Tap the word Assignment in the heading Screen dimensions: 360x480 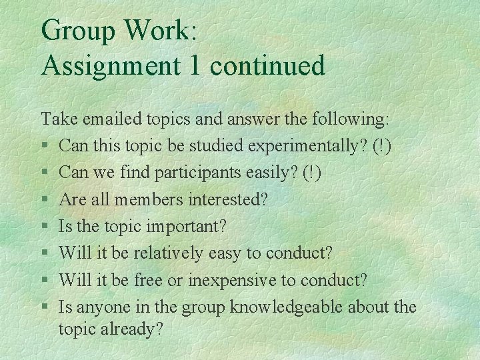coord(110,65)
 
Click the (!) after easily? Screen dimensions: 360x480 coord(311,173)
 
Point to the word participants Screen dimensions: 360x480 coord(193,173)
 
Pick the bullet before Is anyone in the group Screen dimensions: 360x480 coord(44,308)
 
